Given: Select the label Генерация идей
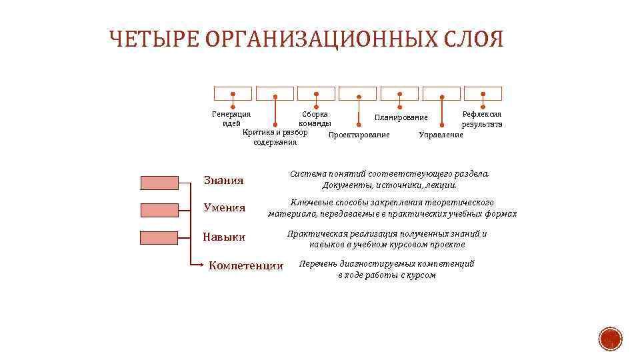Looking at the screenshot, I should click(x=231, y=119).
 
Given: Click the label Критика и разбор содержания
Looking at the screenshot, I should click(x=275, y=137).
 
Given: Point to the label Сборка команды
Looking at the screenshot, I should click(x=315, y=119).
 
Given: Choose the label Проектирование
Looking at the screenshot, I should click(x=359, y=135).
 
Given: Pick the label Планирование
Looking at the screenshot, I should click(x=401, y=117).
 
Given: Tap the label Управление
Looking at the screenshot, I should click(x=441, y=135).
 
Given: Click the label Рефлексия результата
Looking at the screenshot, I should click(x=482, y=119).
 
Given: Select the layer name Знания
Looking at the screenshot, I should click(x=223, y=181).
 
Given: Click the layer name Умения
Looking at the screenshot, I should click(x=225, y=208).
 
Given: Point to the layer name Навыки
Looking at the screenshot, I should click(x=225, y=237).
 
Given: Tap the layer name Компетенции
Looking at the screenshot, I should click(x=246, y=266).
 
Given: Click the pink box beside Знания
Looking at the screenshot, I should click(x=159, y=183).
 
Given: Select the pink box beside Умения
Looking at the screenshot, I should click(x=159, y=210).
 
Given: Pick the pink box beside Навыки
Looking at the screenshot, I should click(x=159, y=237).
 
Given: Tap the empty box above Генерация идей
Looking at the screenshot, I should click(x=233, y=93).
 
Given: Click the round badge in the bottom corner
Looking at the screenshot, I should click(x=609, y=339).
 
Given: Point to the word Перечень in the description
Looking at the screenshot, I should click(x=319, y=264).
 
